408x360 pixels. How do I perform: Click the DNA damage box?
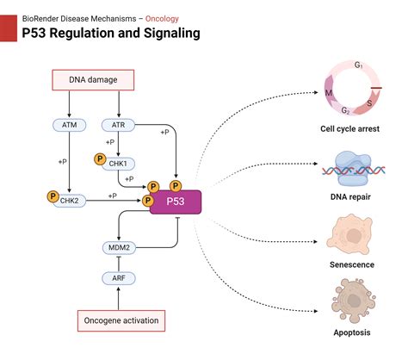click(x=93, y=80)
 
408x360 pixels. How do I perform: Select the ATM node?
click(x=69, y=125)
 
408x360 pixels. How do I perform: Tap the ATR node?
click(x=118, y=125)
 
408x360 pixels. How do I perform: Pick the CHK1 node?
click(x=118, y=164)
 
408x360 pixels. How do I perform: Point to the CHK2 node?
click(x=69, y=201)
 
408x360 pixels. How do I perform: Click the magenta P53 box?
click(x=176, y=202)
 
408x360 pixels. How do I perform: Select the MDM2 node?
click(x=119, y=248)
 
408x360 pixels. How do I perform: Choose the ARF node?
click(x=119, y=278)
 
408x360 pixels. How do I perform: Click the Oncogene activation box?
click(x=121, y=320)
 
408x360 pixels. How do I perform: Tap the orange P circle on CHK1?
click(x=100, y=158)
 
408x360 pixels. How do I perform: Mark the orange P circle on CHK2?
click(x=53, y=196)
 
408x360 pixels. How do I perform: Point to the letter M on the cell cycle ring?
click(x=329, y=93)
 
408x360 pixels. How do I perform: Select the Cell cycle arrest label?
click(x=349, y=129)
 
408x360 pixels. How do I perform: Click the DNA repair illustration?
click(x=354, y=170)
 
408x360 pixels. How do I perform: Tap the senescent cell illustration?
click(x=350, y=235)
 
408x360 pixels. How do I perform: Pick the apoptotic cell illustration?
click(x=353, y=301)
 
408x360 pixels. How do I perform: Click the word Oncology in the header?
click(x=162, y=19)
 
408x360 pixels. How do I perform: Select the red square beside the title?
click(x=9, y=28)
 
